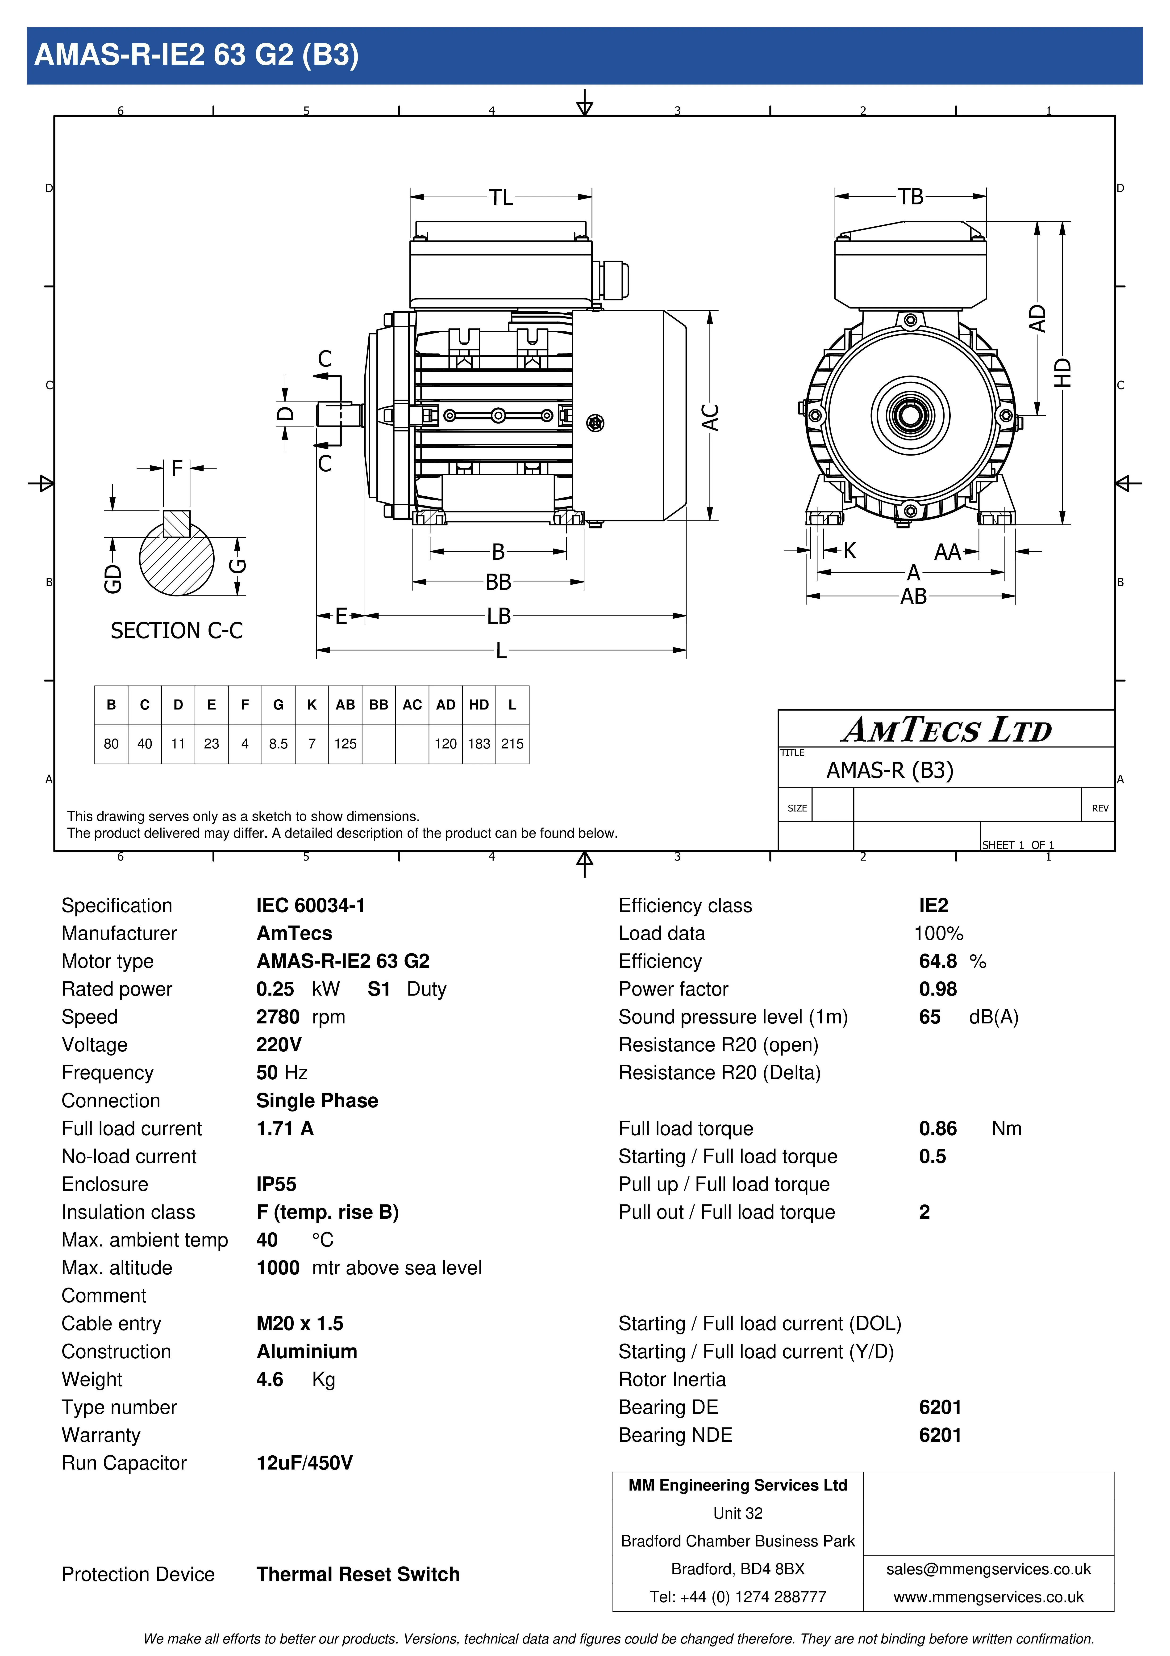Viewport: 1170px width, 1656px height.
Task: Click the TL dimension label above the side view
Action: [x=501, y=197]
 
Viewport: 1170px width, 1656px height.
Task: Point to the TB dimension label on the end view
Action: [x=911, y=196]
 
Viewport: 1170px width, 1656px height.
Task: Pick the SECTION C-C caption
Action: [x=177, y=630]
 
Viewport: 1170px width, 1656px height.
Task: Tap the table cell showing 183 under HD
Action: [x=479, y=744]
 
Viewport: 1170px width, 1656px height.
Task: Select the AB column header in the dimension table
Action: [x=345, y=705]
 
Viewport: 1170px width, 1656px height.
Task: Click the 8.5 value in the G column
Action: [x=278, y=744]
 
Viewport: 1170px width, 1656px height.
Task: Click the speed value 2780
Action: [x=278, y=1017]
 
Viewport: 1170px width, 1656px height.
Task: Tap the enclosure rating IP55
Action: [x=276, y=1184]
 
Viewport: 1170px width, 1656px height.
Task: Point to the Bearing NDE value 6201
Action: [x=940, y=1435]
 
